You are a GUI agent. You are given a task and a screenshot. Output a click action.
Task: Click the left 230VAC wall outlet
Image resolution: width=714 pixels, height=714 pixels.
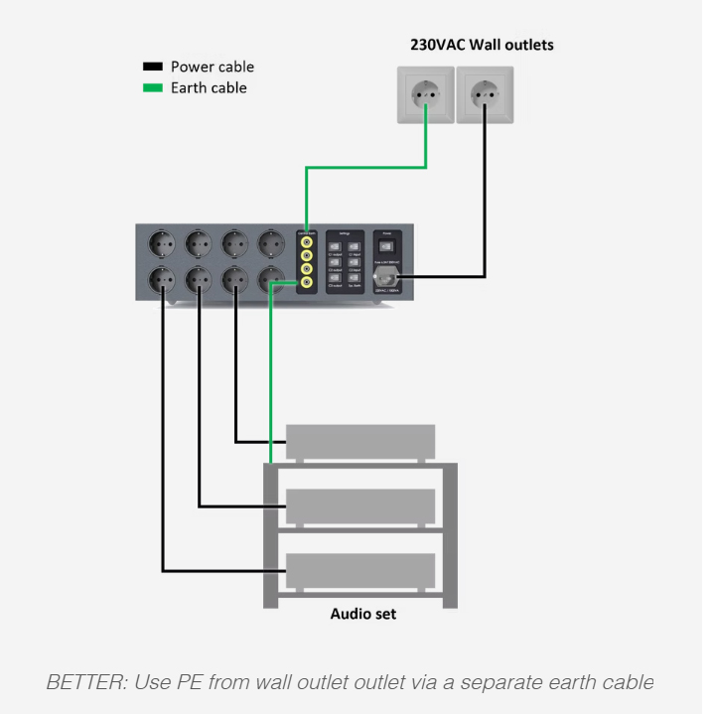pyautogui.click(x=426, y=95)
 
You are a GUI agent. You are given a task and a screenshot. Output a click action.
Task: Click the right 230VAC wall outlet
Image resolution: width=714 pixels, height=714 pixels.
pyautogui.click(x=485, y=95)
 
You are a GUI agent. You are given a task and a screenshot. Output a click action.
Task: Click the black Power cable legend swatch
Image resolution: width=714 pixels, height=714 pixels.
pyautogui.click(x=152, y=68)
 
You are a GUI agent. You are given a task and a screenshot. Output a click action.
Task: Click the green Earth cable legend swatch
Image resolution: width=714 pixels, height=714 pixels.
pyautogui.click(x=152, y=88)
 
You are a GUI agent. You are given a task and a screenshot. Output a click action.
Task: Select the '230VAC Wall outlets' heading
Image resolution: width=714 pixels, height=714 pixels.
pyautogui.click(x=482, y=45)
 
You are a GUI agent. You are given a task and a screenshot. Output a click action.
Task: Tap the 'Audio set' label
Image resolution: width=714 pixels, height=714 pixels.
pyautogui.click(x=362, y=614)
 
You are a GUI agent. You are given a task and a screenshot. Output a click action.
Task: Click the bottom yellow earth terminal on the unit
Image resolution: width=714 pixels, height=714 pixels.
pyautogui.click(x=306, y=283)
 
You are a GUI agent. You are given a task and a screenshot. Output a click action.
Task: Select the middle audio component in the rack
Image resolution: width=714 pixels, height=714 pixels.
pyautogui.click(x=360, y=505)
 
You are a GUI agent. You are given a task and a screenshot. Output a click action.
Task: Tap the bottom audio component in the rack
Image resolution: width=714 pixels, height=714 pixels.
pyautogui.click(x=360, y=570)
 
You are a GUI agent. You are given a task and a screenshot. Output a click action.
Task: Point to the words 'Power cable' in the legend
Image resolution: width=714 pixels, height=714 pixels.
pyautogui.click(x=213, y=68)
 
